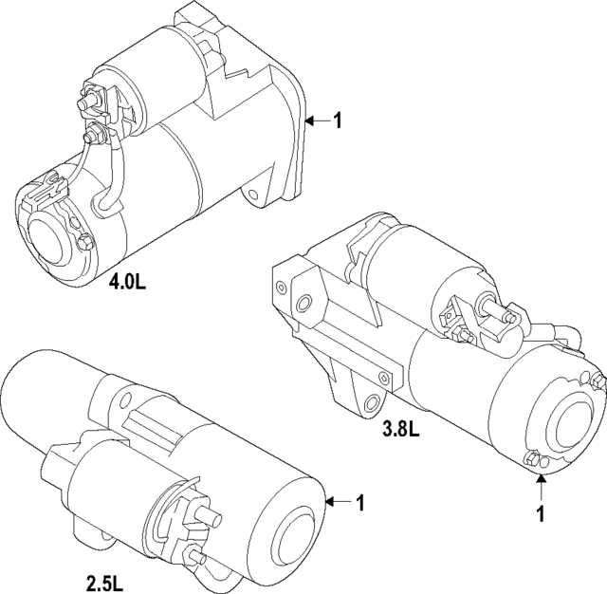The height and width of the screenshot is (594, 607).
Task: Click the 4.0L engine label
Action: tap(128, 283)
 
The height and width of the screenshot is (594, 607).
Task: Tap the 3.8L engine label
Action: tap(400, 430)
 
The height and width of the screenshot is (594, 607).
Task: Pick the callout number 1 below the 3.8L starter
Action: tap(540, 514)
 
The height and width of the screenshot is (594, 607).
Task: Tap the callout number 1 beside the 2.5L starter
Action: tap(359, 502)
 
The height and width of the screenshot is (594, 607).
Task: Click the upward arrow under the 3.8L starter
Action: tap(540, 488)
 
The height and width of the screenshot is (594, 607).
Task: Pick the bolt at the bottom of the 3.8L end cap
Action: tap(534, 461)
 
